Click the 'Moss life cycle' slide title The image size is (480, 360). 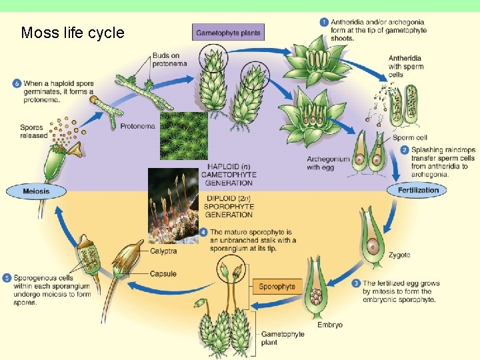point(73,33)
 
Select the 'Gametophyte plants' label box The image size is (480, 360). point(229,32)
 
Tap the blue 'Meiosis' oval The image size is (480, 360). point(37,191)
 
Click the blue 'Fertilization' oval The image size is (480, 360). point(418,190)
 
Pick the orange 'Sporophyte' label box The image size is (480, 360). point(277,286)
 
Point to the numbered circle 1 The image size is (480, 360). point(324,22)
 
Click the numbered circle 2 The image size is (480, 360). point(405,150)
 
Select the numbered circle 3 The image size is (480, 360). point(356,283)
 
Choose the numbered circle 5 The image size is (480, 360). point(7,277)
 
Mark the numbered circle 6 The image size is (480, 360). point(16,83)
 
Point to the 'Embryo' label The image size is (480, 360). point(329,325)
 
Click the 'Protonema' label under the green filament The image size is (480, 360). point(137,126)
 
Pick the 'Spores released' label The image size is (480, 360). point(33,131)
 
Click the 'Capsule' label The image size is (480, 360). point(163,273)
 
